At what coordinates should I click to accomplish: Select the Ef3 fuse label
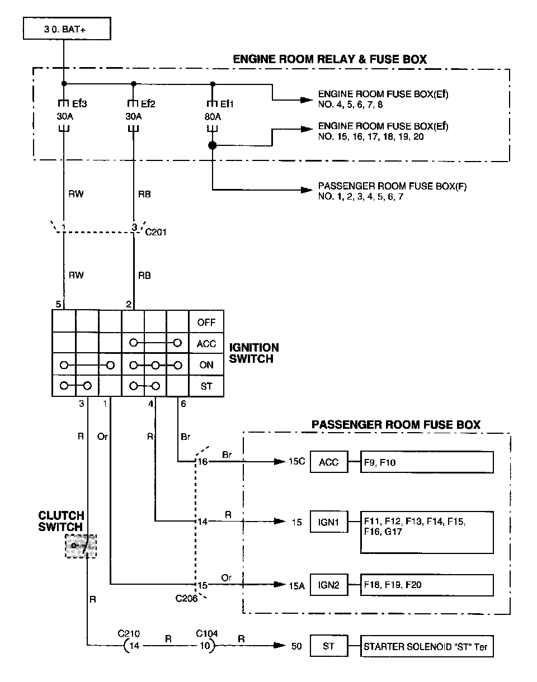click(79, 104)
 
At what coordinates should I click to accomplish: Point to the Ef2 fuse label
click(148, 104)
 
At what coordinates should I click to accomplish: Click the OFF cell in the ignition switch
click(206, 323)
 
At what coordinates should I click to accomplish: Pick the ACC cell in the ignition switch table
click(206, 344)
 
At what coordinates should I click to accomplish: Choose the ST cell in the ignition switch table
click(206, 386)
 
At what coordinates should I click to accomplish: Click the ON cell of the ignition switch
click(206, 365)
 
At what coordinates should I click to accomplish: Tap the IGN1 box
click(328, 522)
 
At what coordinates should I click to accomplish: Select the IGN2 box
click(328, 585)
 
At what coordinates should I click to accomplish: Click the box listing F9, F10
click(427, 462)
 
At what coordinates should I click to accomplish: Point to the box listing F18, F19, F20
click(427, 585)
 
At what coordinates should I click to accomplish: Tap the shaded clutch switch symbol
click(81, 546)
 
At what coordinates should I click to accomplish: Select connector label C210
click(129, 633)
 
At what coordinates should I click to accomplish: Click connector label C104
click(207, 633)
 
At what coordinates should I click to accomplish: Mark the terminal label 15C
click(296, 462)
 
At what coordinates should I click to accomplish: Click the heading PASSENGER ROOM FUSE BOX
click(395, 425)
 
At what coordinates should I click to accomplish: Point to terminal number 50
click(296, 647)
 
